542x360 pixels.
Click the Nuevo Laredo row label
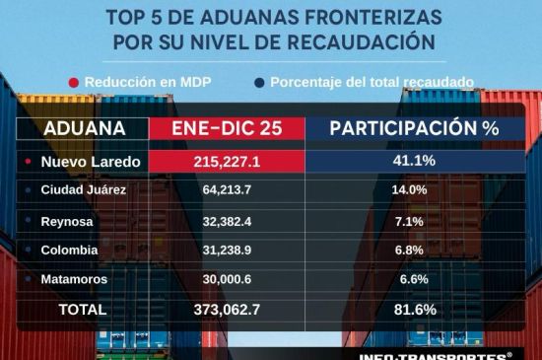point(90,161)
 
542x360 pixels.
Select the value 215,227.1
point(227,161)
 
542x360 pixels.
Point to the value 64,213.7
point(227,189)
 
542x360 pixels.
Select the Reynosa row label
point(67,221)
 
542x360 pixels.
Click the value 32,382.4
point(227,221)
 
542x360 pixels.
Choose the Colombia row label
point(69,250)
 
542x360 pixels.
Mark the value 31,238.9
point(227,250)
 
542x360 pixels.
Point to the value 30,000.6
point(227,279)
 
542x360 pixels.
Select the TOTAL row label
point(83,310)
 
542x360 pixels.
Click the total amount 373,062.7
point(227,310)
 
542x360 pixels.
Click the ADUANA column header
point(85,129)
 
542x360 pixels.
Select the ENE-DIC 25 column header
point(226,129)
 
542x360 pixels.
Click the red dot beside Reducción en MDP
point(73,82)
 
